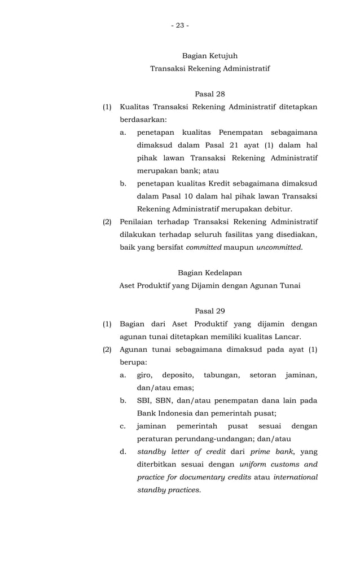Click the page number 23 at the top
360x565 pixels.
[x=180, y=25]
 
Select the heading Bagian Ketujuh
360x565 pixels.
[x=209, y=56]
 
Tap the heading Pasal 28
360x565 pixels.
[x=209, y=94]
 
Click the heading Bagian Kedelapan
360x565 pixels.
[x=209, y=273]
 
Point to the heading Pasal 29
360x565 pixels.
[x=209, y=311]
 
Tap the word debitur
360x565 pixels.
[x=276, y=209]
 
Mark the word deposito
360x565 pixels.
[x=177, y=375]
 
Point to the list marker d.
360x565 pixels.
[x=123, y=452]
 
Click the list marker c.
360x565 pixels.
[x=123, y=426]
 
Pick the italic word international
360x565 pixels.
[x=295, y=477]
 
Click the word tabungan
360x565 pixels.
[x=221, y=375]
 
